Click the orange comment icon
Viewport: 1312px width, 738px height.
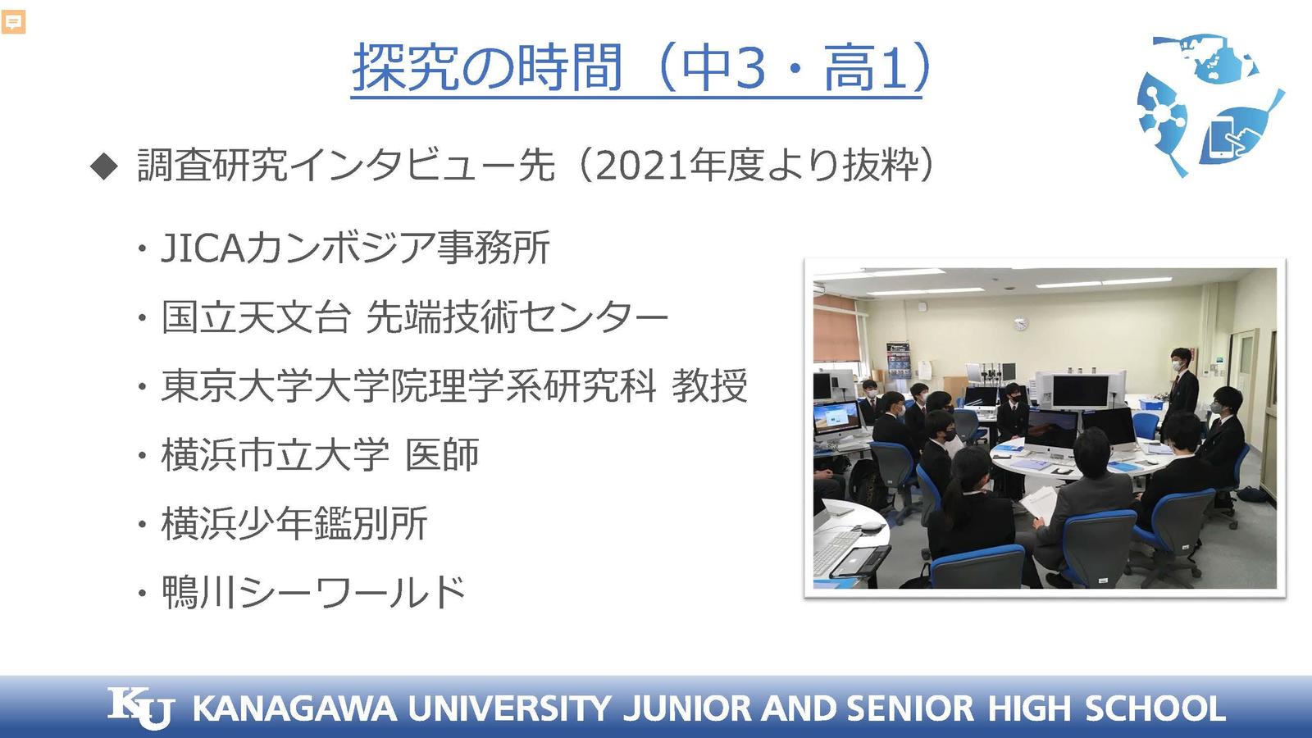pyautogui.click(x=13, y=22)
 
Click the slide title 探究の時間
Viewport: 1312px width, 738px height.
pyautogui.click(x=487, y=67)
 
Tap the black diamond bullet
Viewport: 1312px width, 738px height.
pyautogui.click(x=104, y=166)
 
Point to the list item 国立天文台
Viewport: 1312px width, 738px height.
pyautogui.click(x=256, y=317)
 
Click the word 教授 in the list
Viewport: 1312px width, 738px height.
pyautogui.click(x=709, y=386)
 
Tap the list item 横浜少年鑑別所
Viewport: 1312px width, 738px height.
pyautogui.click(x=294, y=523)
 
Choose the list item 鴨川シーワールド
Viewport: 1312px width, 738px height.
pyautogui.click(x=313, y=592)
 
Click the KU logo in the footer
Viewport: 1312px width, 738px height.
pyautogui.click(x=141, y=708)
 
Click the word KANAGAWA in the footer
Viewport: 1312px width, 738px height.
pyautogui.click(x=294, y=708)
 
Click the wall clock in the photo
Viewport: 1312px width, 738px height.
pyautogui.click(x=1020, y=323)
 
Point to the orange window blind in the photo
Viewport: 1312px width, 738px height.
pyautogui.click(x=836, y=328)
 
